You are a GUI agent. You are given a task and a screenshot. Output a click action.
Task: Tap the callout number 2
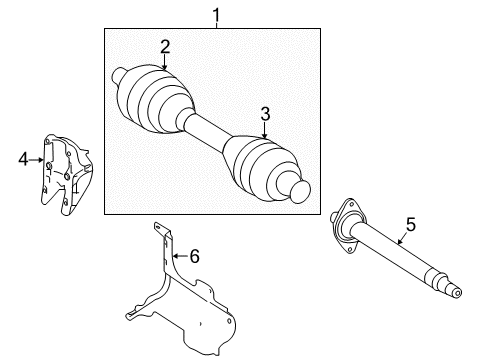[165, 44]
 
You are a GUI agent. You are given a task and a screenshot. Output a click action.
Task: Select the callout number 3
[265, 114]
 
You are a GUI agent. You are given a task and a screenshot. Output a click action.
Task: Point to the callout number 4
[23, 157]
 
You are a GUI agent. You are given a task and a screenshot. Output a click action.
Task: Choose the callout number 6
[194, 257]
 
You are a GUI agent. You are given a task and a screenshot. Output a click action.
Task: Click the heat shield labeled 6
[185, 305]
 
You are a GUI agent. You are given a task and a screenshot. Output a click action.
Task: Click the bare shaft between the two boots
[208, 131]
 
